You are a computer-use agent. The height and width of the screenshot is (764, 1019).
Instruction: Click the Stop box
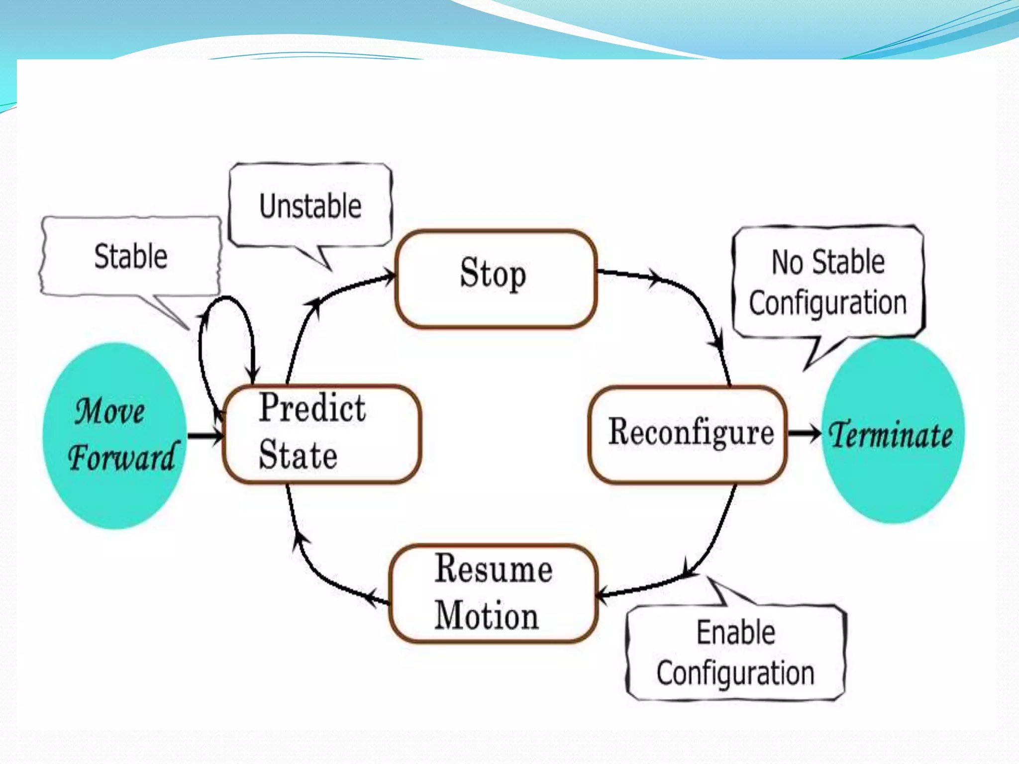tap(496, 279)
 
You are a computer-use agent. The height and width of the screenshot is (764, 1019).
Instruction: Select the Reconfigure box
tap(688, 434)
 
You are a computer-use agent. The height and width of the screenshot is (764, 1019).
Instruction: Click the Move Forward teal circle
tap(114, 436)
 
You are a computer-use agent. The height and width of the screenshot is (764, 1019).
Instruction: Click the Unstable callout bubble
tap(310, 206)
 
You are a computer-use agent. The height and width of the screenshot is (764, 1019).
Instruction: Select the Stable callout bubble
tap(130, 257)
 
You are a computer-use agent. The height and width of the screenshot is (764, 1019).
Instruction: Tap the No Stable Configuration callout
tap(828, 283)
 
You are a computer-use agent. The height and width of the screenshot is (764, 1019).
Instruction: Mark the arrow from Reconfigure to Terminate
tap(804, 433)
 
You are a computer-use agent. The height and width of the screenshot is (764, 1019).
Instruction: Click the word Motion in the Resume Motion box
tap(487, 616)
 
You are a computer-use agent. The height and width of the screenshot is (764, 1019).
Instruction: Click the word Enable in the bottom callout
tap(735, 633)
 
